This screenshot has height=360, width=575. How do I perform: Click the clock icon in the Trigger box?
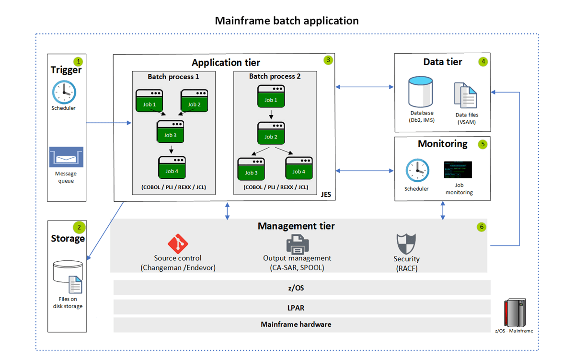click(x=64, y=92)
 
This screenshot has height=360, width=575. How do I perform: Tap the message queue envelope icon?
click(x=66, y=157)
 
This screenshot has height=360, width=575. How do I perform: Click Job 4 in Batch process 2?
click(x=299, y=167)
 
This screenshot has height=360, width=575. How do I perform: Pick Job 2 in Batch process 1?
click(x=194, y=100)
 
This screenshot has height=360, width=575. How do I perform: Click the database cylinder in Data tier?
click(x=420, y=93)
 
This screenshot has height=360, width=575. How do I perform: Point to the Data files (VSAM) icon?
click(x=466, y=95)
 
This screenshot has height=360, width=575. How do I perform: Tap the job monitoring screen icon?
click(x=458, y=170)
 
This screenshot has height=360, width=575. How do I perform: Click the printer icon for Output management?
click(x=297, y=244)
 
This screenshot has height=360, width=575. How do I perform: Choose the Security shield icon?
click(x=406, y=244)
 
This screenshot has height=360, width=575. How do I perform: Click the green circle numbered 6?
click(x=482, y=227)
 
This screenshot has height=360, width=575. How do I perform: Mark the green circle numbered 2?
click(x=78, y=227)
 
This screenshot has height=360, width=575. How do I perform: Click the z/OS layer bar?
click(x=302, y=288)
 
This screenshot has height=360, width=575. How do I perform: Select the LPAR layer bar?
click(x=302, y=306)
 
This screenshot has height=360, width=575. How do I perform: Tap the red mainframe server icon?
click(x=514, y=312)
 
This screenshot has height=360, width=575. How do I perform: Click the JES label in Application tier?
click(x=327, y=195)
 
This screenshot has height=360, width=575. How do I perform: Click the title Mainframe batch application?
click(x=287, y=21)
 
